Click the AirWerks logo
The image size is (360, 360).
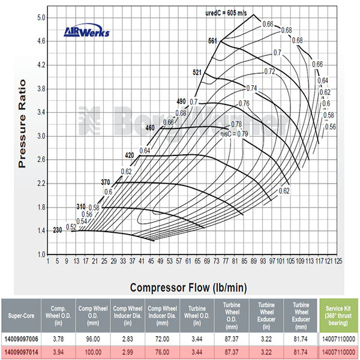point(87,32)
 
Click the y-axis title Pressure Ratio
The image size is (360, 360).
point(23,123)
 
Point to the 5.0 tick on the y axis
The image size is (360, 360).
point(42,18)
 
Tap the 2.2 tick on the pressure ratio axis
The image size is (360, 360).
point(42,183)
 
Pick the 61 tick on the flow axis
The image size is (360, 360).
point(188,261)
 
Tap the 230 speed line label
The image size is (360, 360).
point(58,230)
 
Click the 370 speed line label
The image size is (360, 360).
point(106,182)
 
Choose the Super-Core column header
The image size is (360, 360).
point(23,316)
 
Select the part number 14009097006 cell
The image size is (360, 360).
point(23,338)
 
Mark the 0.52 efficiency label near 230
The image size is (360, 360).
point(71,227)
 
